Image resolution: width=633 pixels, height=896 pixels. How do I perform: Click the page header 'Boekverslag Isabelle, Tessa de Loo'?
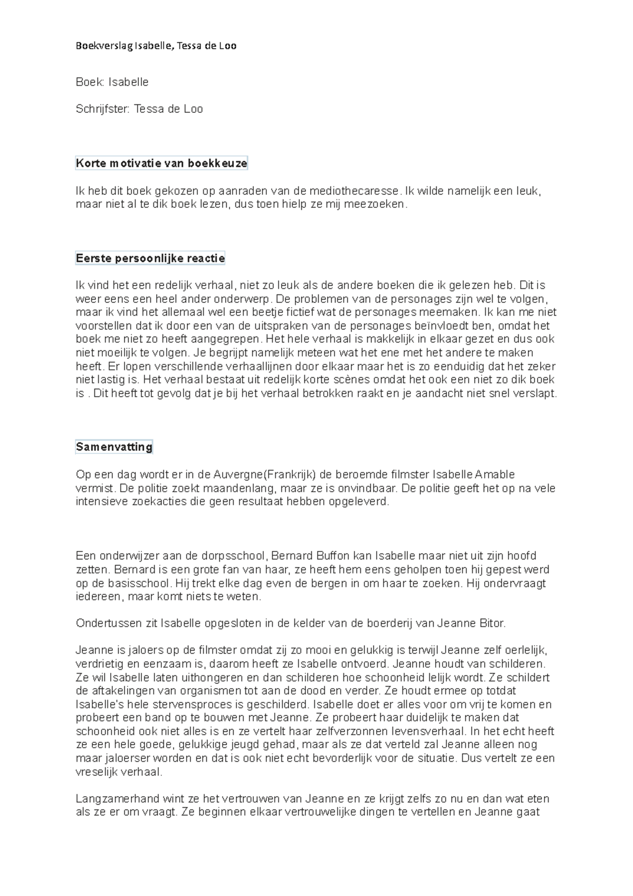(x=156, y=46)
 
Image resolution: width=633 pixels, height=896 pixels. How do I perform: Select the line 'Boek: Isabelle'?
(x=112, y=82)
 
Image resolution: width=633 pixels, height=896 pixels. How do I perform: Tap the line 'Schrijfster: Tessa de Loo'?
(x=139, y=109)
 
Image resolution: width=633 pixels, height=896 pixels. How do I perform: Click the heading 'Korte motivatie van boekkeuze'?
(x=161, y=164)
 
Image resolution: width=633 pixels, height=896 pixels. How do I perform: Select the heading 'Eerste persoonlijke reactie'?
(x=150, y=259)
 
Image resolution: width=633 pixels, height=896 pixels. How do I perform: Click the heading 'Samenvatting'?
(x=114, y=447)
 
